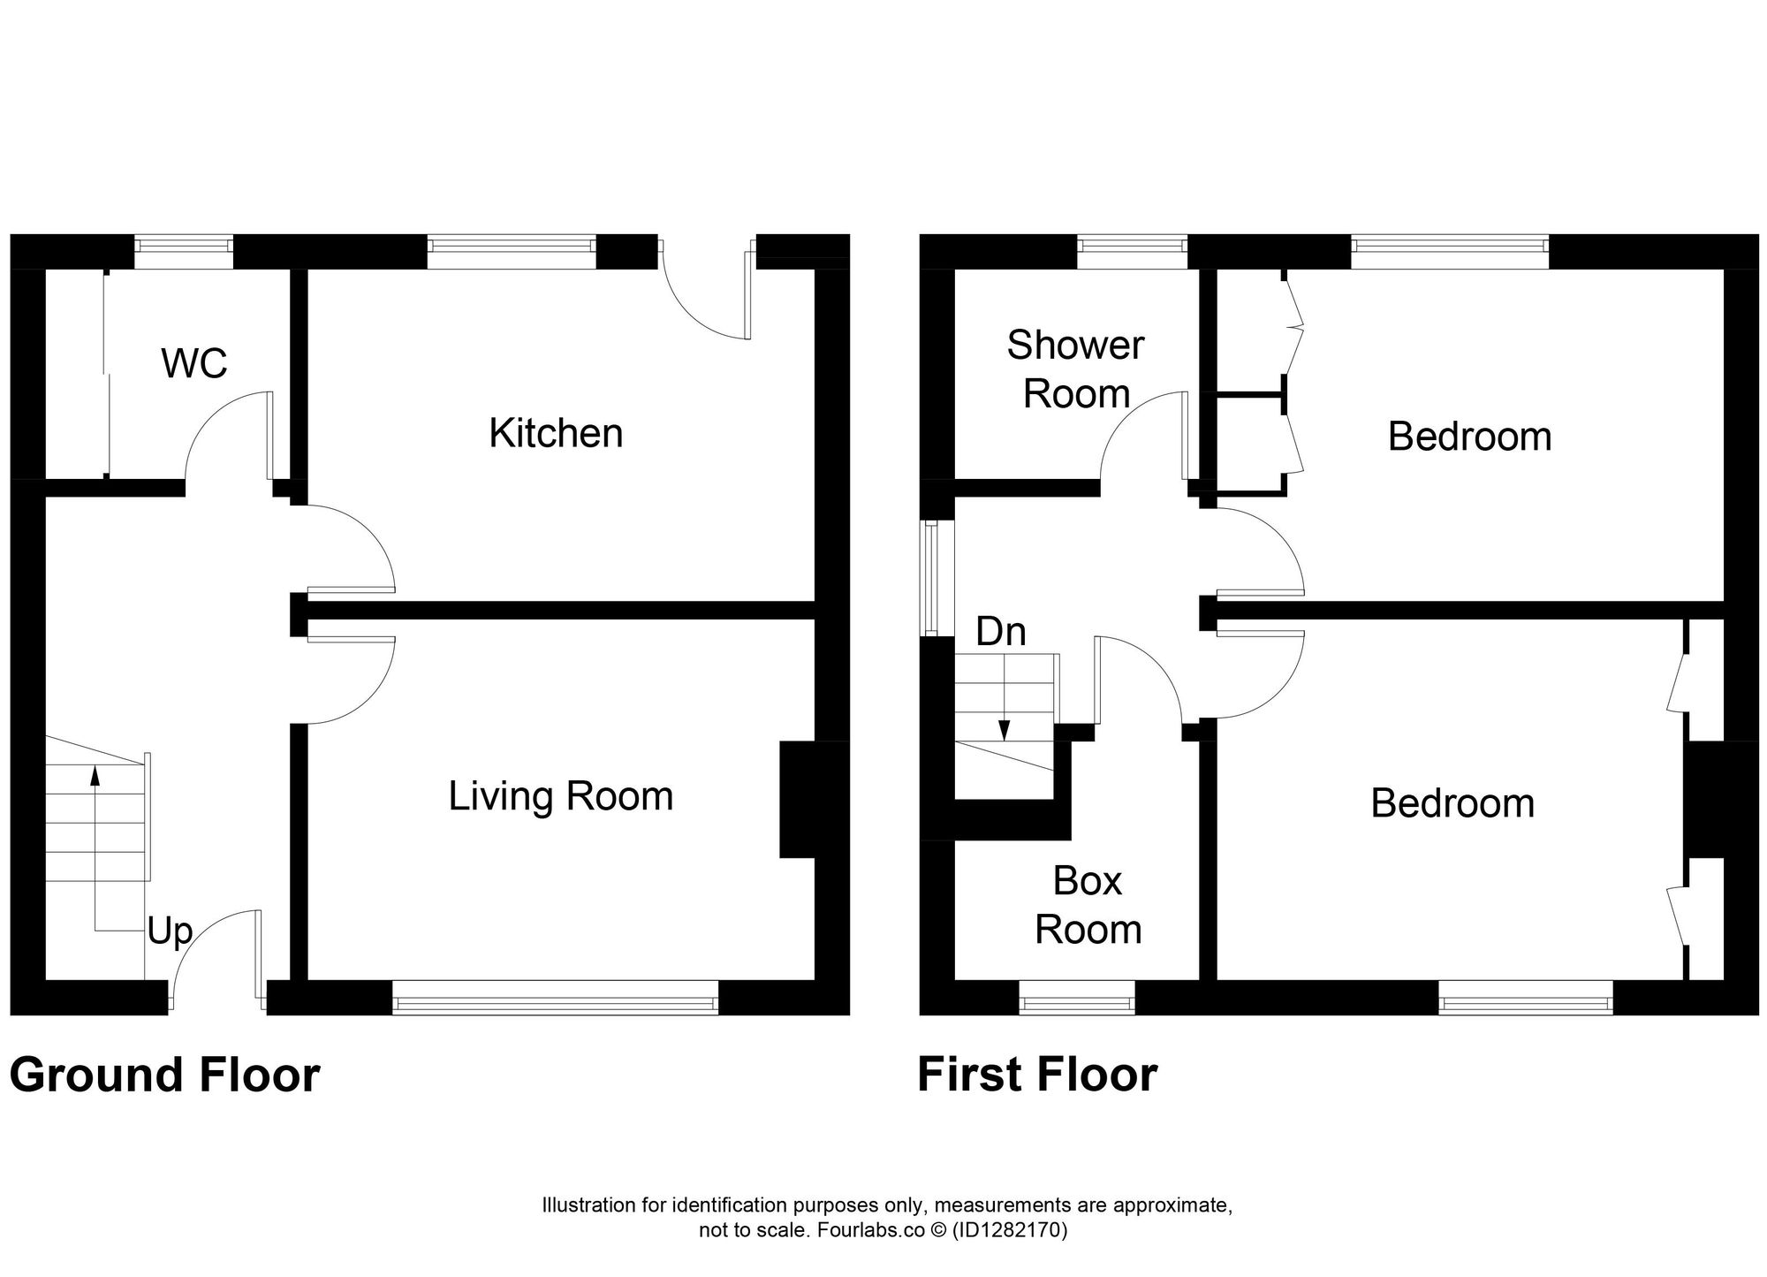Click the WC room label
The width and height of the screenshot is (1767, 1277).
point(194,363)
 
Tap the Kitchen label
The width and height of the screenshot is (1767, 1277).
point(556,433)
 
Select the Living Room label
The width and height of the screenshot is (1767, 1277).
point(561,796)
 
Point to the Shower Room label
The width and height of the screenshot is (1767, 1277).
point(1075,369)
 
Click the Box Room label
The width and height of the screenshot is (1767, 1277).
point(1088,905)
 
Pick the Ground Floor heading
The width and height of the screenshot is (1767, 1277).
point(164,1076)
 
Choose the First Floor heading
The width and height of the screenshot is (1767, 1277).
point(1037,1076)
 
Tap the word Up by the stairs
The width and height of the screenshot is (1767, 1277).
point(170,931)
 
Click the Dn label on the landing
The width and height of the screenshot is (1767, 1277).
point(1001,632)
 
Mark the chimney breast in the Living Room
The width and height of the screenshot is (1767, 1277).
point(797,799)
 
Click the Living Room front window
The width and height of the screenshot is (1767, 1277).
point(556,1003)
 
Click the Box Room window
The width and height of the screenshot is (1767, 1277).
point(1077,1003)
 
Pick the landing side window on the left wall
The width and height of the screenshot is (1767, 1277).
point(930,578)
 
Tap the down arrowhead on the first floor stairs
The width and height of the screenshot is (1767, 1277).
point(1004,731)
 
